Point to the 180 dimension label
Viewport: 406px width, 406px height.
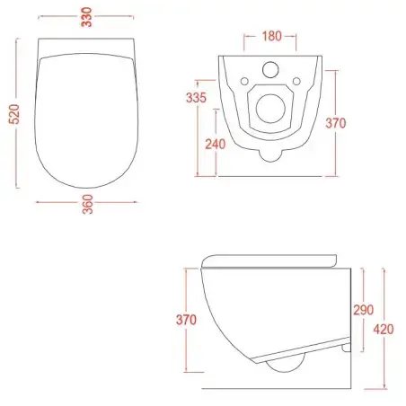[x=270, y=36]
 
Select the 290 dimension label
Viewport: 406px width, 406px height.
[x=361, y=309]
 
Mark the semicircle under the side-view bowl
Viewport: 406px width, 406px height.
[x=286, y=366]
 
